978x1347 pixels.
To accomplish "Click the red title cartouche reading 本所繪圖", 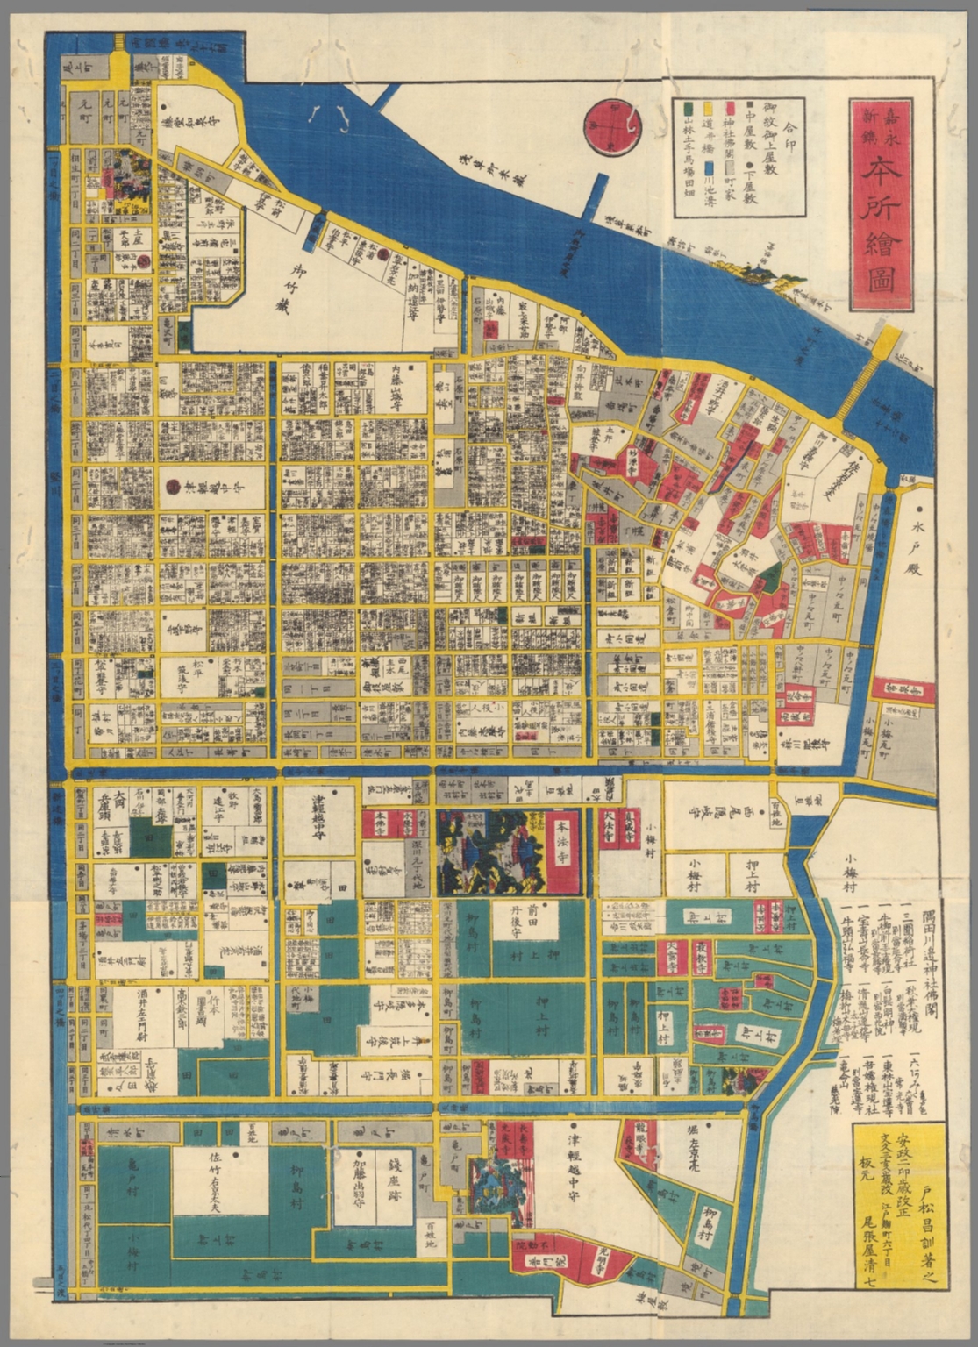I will pyautogui.click(x=881, y=203).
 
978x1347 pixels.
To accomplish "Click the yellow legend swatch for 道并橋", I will pyautogui.click(x=706, y=107).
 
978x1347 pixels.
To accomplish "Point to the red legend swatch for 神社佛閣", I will pyautogui.click(x=728, y=107).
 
